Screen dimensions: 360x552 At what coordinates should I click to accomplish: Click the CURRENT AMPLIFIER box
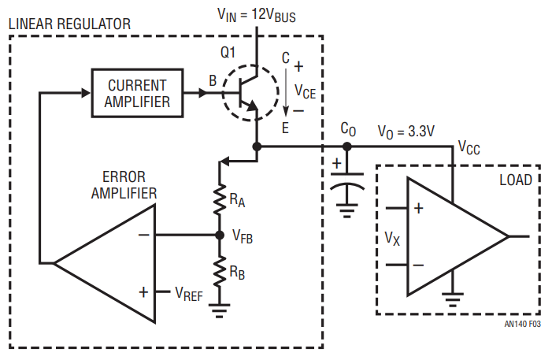137,92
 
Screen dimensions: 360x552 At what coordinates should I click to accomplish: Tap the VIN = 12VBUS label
257,14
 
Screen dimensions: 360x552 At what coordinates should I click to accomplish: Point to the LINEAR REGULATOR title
69,24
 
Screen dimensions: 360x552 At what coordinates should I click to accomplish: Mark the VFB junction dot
219,235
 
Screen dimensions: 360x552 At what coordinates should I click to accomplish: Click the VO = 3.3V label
406,132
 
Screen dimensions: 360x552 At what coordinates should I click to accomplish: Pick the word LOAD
516,180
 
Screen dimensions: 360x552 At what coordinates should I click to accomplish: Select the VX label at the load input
392,237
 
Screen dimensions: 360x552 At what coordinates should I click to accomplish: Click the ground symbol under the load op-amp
453,298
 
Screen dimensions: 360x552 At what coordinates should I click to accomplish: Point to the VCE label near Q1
305,91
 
